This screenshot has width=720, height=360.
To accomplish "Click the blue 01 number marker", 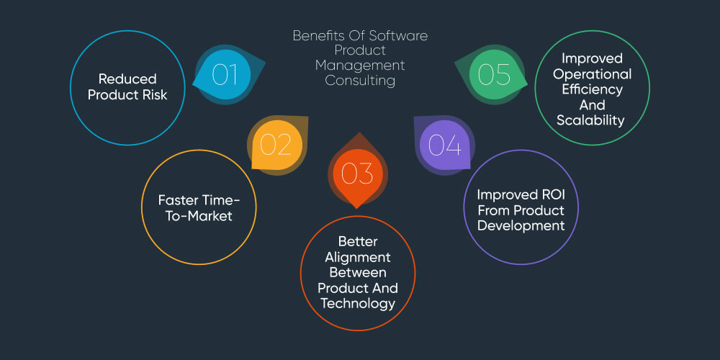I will (225, 74).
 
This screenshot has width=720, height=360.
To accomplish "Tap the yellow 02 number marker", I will (276, 145).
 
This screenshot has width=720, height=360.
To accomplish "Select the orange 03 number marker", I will (357, 173).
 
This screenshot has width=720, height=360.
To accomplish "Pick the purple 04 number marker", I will (445, 145).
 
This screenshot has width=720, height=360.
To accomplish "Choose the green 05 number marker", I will (495, 74).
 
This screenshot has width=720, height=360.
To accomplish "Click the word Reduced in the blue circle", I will (127, 78).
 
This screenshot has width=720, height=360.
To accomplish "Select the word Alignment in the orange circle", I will (358, 257).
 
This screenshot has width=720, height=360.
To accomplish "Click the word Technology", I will (358, 303).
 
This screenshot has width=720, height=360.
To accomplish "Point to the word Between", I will (358, 272).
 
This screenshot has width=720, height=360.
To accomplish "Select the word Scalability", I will (591, 120).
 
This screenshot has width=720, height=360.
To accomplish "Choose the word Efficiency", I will (591, 89).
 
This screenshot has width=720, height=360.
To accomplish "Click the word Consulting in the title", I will (360, 81).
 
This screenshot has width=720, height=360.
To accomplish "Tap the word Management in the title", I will (360, 66).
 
